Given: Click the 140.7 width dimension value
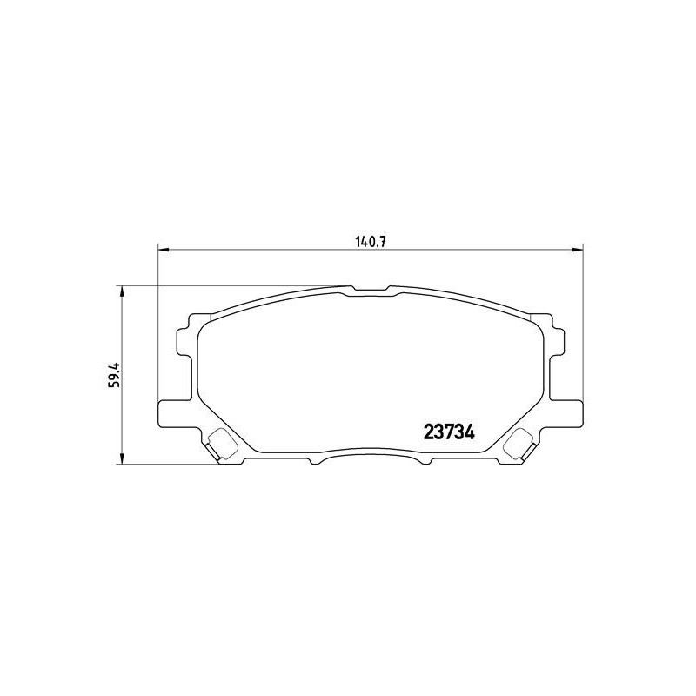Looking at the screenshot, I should click(x=370, y=241).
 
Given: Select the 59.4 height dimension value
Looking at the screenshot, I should click(x=112, y=375).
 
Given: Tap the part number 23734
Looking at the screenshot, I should click(x=448, y=431).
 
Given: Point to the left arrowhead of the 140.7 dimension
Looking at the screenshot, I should click(x=162, y=251).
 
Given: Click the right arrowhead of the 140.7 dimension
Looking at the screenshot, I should click(x=578, y=251).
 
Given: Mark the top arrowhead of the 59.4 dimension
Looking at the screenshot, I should click(x=122, y=291).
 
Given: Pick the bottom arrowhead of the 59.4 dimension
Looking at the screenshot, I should click(x=122, y=459).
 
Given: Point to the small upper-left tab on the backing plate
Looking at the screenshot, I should click(x=184, y=341).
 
